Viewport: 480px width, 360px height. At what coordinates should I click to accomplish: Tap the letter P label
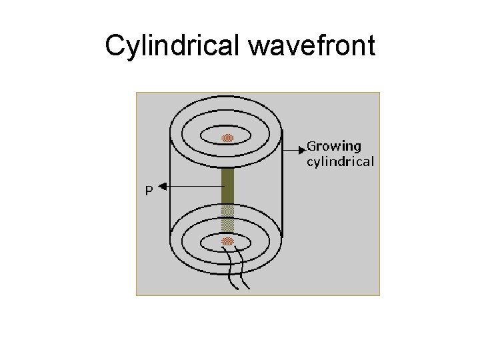[x=149, y=191]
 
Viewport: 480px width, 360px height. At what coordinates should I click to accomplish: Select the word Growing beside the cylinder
[x=333, y=146]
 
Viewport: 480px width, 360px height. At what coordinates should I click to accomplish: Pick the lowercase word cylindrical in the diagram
[x=340, y=161]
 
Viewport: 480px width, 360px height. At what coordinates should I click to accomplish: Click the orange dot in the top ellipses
[x=228, y=138]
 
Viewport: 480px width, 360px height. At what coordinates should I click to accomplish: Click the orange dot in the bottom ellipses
[x=228, y=241]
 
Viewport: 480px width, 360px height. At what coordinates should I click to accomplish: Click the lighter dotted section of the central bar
[x=228, y=217]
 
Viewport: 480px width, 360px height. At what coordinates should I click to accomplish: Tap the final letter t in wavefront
[x=371, y=47]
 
